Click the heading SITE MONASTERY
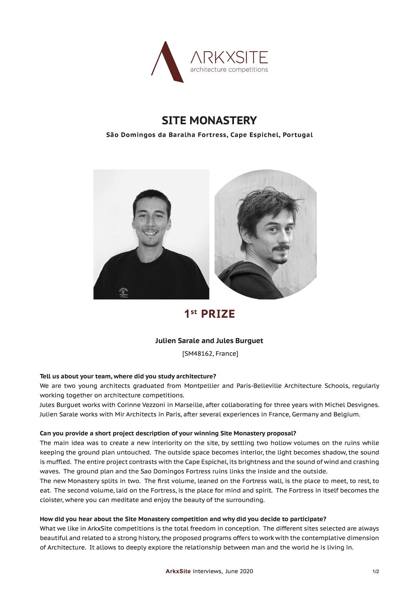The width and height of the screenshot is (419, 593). pos(209,120)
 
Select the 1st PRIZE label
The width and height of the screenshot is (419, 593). pos(209,314)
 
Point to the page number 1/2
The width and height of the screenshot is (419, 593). pos(375,571)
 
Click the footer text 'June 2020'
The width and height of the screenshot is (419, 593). pos(239,571)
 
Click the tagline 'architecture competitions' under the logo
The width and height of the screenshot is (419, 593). pos(229,69)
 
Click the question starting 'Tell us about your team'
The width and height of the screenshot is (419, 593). pos(128,376)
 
